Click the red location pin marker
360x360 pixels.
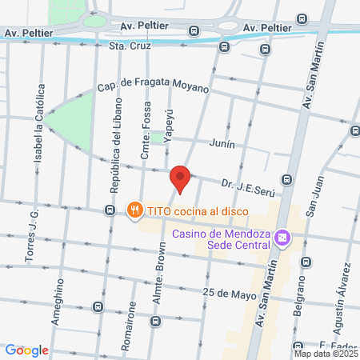pos(180,178)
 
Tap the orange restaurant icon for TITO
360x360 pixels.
pos(134,210)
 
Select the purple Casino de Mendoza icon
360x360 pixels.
pos(282,239)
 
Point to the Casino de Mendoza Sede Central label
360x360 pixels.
pos(222,239)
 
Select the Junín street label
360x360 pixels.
pos(222,144)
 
